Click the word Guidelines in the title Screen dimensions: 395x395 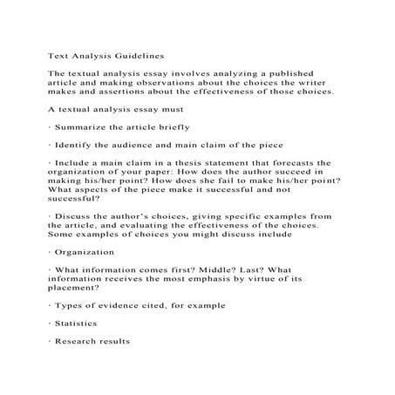coord(135,55)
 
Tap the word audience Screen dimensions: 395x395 coord(144,146)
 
